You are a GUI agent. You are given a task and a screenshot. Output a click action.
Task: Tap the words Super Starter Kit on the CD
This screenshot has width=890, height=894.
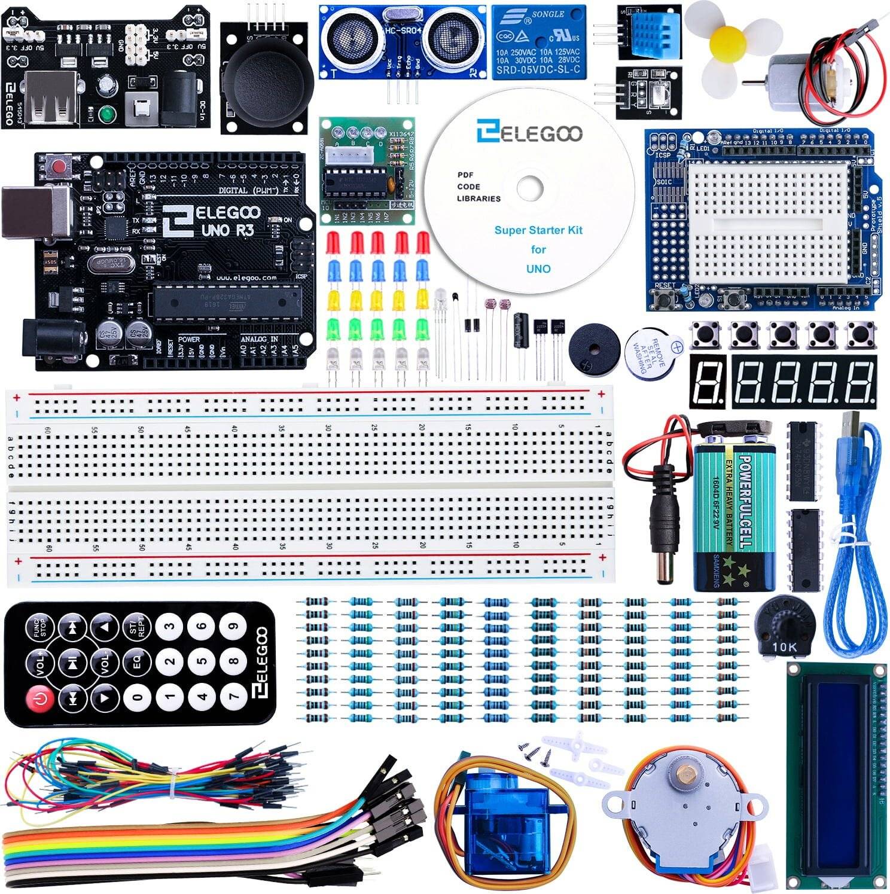pos(538,230)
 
